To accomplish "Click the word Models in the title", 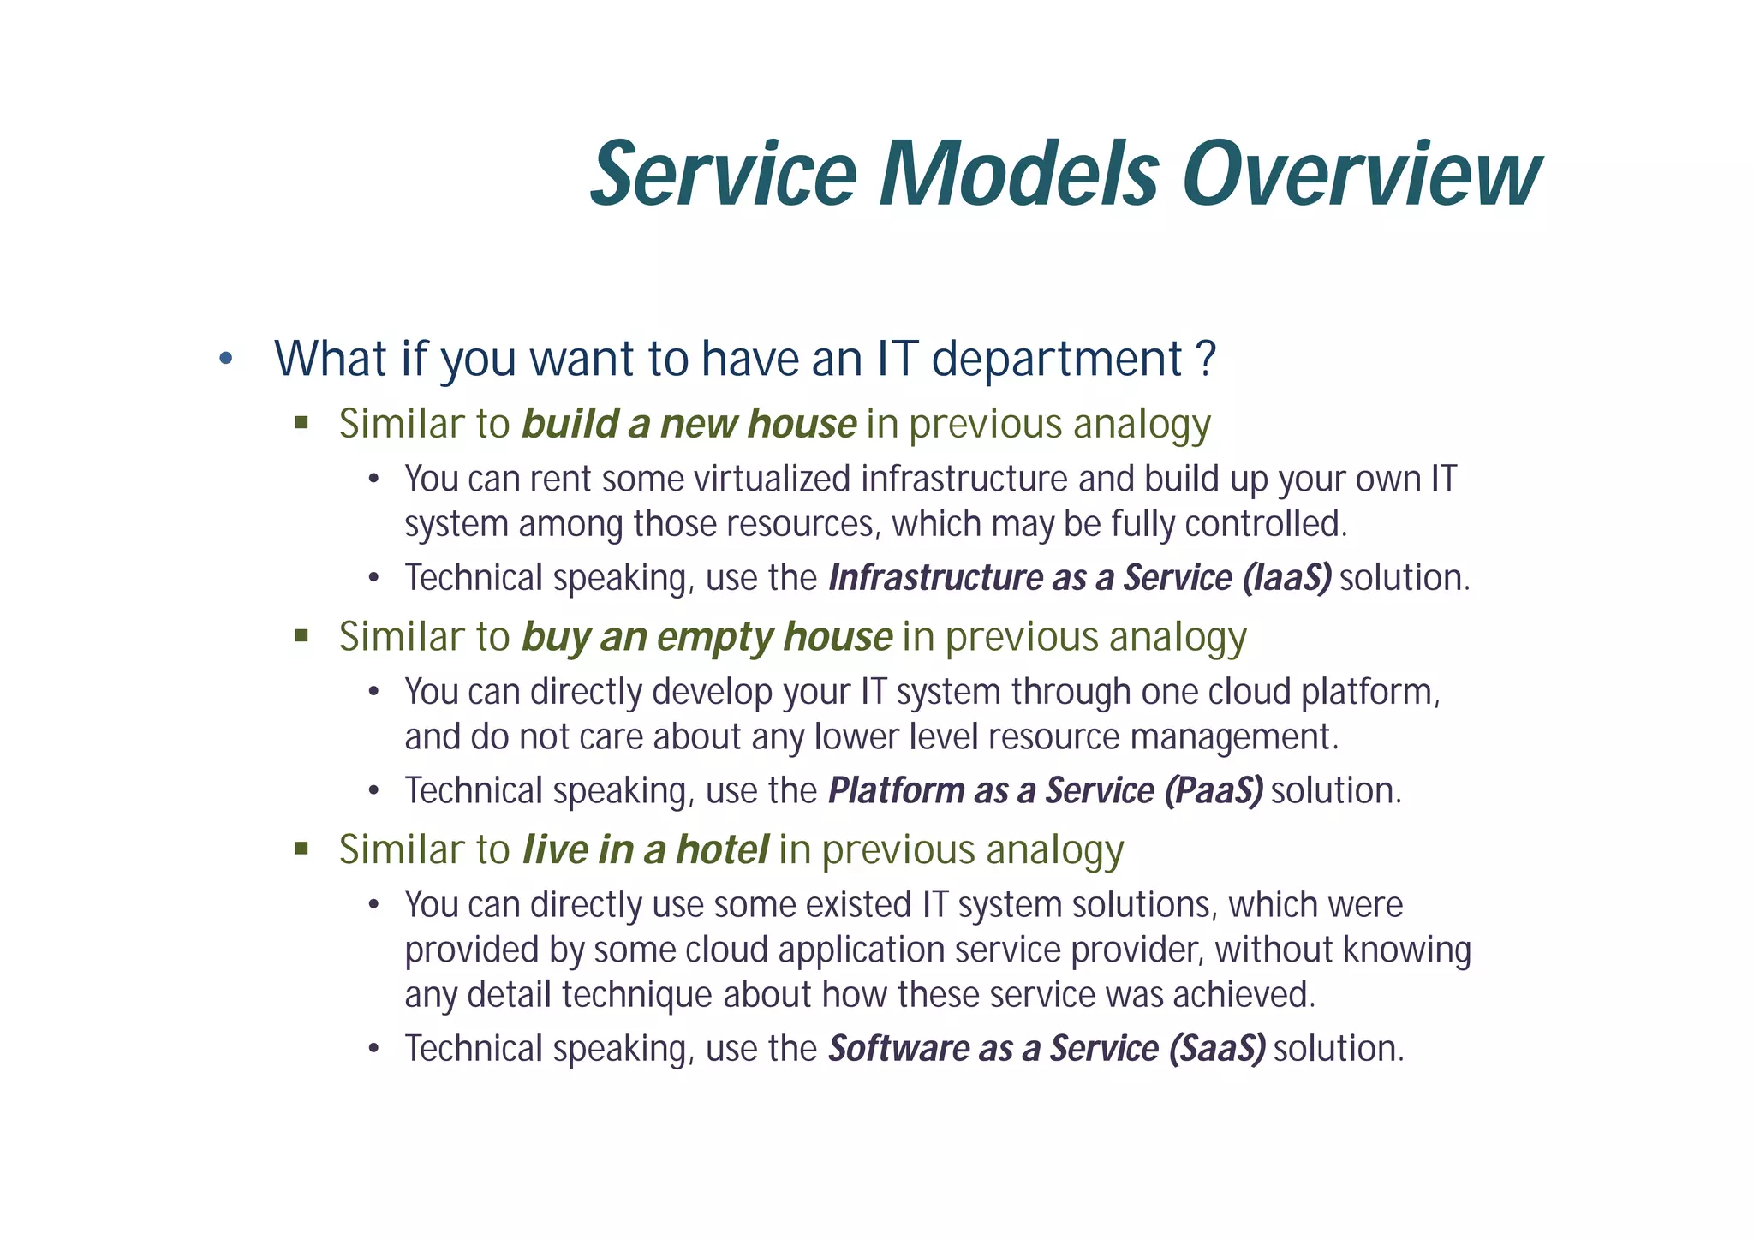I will click(1019, 176).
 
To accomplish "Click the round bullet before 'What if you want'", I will click(225, 359).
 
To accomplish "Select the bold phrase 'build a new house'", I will click(689, 424).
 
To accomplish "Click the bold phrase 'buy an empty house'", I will click(707, 637).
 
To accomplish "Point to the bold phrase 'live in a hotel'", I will click(645, 849).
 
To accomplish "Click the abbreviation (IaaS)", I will click(1286, 578).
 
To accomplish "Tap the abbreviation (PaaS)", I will click(1214, 790).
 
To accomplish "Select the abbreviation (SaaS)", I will click(1217, 1049).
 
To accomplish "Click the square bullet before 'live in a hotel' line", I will click(301, 849).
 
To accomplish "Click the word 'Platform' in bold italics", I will click(896, 790).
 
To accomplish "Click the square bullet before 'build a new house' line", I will click(301, 422).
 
